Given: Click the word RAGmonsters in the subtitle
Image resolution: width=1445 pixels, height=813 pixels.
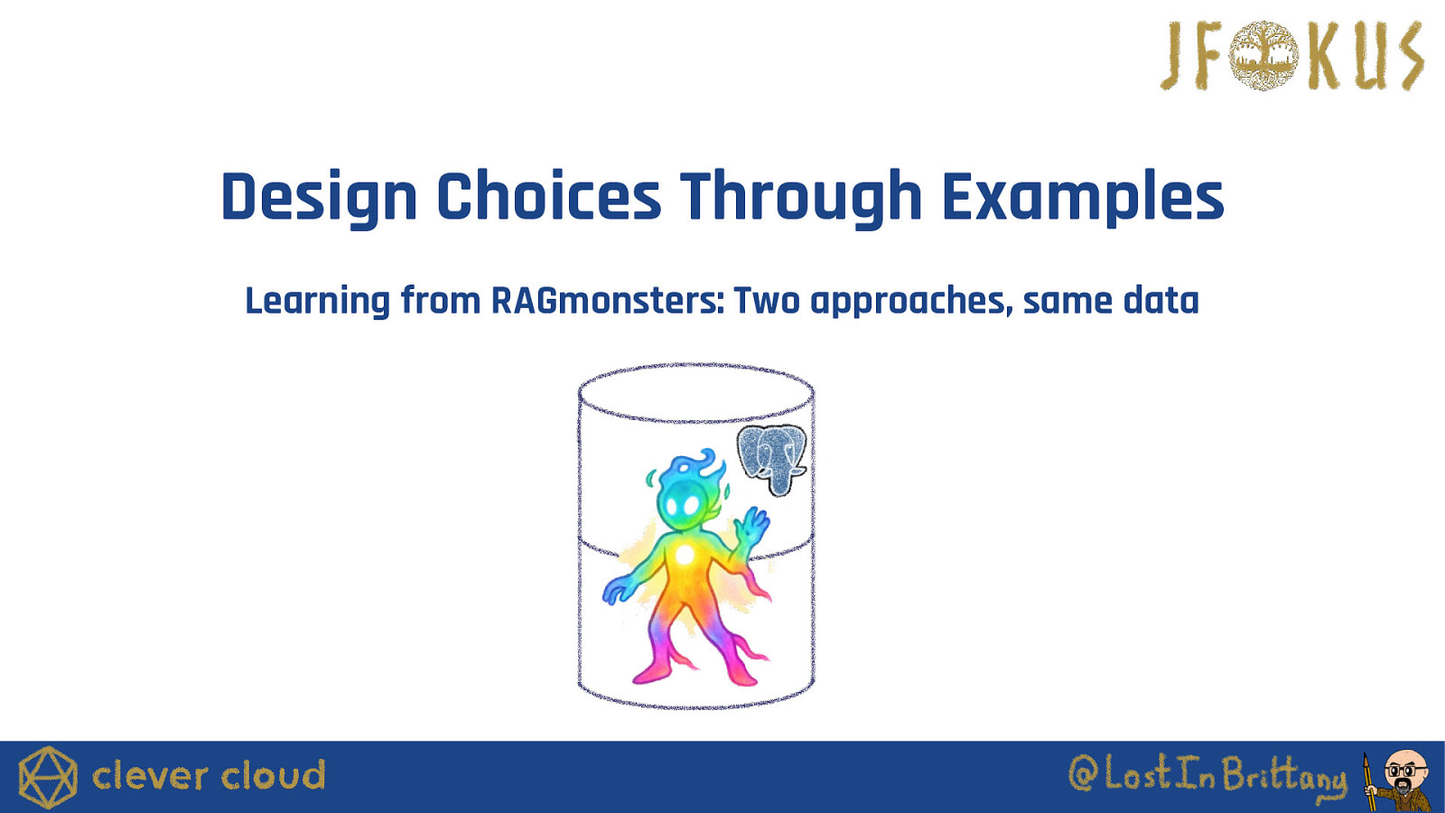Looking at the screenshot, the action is point(608,301).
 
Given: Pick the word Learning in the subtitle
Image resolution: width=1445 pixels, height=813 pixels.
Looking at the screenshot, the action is point(317,301).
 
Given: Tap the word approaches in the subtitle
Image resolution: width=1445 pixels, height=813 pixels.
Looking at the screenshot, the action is point(911,302).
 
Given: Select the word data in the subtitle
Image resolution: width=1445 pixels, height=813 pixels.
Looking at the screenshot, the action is point(1161,301).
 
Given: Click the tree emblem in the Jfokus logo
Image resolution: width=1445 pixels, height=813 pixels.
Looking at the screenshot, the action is point(1263,55).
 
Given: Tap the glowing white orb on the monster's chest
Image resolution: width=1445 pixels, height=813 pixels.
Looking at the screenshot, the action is point(685,554).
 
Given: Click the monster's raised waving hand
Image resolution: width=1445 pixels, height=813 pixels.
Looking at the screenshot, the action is point(751,524).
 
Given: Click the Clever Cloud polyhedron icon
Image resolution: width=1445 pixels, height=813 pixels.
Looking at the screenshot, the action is point(48,777).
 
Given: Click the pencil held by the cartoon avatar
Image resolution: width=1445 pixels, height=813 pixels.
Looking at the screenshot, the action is point(1368,782).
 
